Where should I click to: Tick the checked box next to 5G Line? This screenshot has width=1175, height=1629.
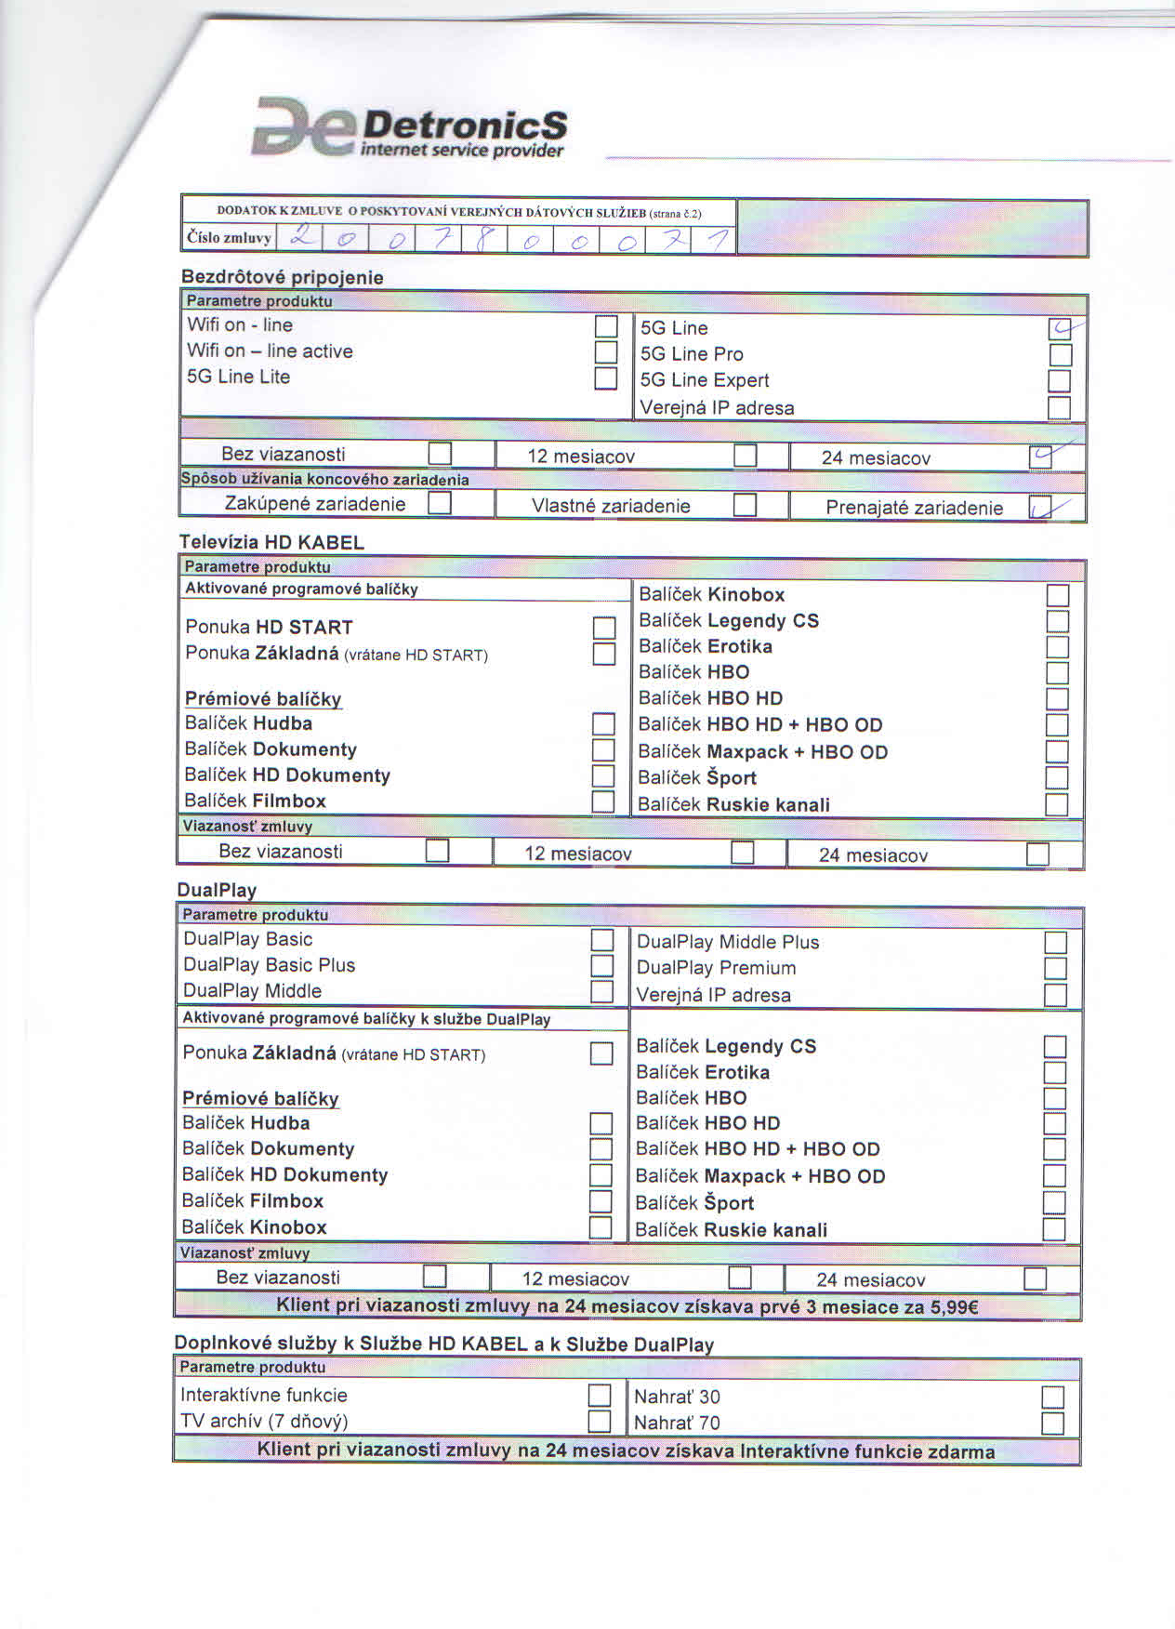(1060, 329)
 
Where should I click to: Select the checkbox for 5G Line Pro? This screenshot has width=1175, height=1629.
(1060, 355)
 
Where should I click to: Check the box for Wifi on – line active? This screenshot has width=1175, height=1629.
(606, 352)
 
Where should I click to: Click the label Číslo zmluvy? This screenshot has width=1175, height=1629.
(229, 238)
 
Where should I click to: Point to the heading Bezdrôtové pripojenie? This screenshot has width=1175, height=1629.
(282, 277)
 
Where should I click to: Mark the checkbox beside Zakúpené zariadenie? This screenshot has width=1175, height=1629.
(440, 504)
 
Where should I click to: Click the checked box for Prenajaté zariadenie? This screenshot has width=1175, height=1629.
(1041, 507)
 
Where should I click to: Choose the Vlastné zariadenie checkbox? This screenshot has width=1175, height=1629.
(745, 505)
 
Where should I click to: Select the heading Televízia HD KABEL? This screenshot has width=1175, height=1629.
(271, 543)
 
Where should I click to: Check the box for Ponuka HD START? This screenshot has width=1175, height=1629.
(604, 629)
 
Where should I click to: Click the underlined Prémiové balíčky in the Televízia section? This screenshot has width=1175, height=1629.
(263, 699)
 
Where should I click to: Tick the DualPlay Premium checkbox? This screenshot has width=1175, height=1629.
(1055, 968)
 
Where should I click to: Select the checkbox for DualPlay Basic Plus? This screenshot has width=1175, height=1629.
(601, 966)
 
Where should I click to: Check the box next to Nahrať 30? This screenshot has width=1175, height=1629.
(1052, 1397)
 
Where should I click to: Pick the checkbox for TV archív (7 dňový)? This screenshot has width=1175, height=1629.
(600, 1422)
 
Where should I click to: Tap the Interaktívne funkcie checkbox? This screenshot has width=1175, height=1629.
(600, 1396)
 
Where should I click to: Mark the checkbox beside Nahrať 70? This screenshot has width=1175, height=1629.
(1052, 1424)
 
